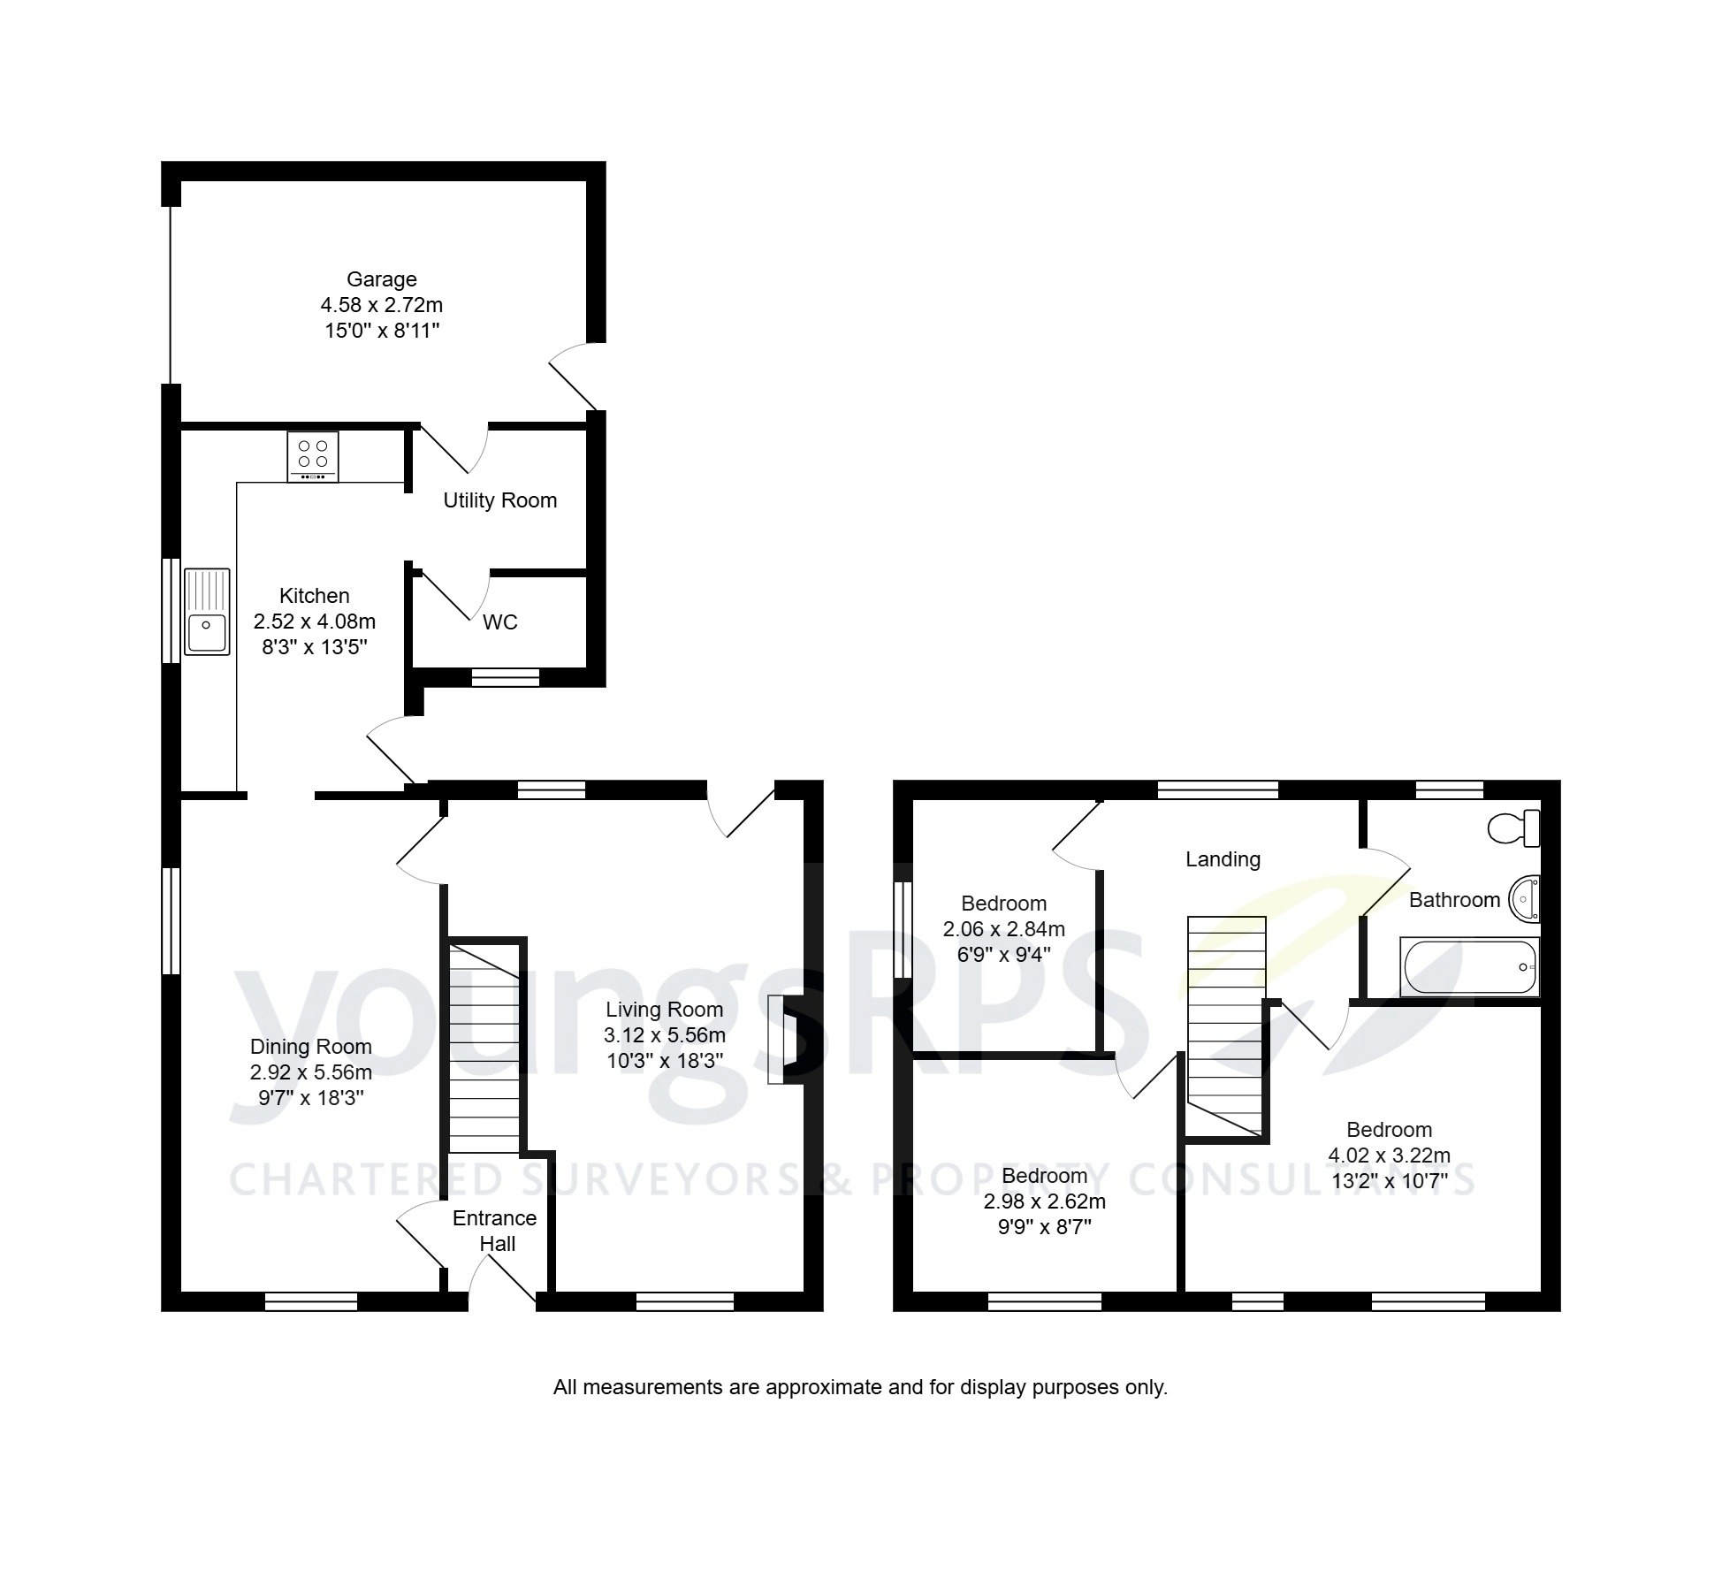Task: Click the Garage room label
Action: pyautogui.click(x=381, y=279)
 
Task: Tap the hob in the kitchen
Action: pyautogui.click(x=312, y=456)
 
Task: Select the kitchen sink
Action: pyautogui.click(x=207, y=612)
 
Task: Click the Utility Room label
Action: pyautogui.click(x=499, y=500)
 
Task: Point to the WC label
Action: pyautogui.click(x=499, y=622)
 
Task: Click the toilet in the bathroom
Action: pyautogui.click(x=1514, y=828)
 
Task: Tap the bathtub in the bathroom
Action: pyautogui.click(x=1469, y=967)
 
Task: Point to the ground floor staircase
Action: pyautogui.click(x=484, y=1048)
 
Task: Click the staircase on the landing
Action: pyautogui.click(x=1225, y=1026)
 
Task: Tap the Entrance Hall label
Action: pyautogui.click(x=495, y=1231)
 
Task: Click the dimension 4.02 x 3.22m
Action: pyautogui.click(x=1389, y=1155)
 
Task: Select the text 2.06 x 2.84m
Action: pyautogui.click(x=1003, y=929)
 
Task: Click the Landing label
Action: pyautogui.click(x=1223, y=859)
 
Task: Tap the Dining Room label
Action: pyautogui.click(x=310, y=1047)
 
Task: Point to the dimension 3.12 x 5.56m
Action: pyautogui.click(x=664, y=1035)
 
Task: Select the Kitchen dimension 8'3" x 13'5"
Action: pyautogui.click(x=314, y=647)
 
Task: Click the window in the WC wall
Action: pyautogui.click(x=505, y=677)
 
